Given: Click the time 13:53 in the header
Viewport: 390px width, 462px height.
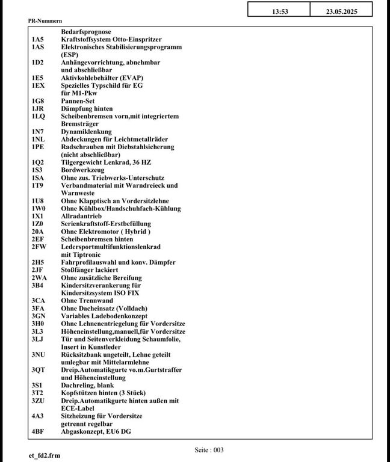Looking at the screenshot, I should pyautogui.click(x=280, y=11).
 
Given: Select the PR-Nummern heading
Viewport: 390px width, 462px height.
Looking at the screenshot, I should pyautogui.click(x=45, y=20).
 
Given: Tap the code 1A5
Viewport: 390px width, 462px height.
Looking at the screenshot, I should pyautogui.click(x=37, y=39).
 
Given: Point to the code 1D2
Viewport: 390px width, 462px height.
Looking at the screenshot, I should pyautogui.click(x=37, y=62).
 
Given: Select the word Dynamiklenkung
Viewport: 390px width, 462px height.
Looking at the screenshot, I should pyautogui.click(x=86, y=132).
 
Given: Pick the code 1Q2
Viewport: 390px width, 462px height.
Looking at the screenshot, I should pyautogui.click(x=37, y=162).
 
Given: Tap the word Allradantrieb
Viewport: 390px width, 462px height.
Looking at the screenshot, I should pyautogui.click(x=81, y=216).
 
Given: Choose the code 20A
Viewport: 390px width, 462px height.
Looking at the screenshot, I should pyautogui.click(x=37, y=232).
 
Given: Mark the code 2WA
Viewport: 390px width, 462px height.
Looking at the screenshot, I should pyautogui.click(x=39, y=278).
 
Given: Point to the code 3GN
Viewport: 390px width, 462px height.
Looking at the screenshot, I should pyautogui.click(x=39, y=316).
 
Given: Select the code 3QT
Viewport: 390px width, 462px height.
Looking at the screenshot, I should pyautogui.click(x=39, y=370).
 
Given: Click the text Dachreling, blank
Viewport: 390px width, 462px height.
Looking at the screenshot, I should pyautogui.click(x=87, y=385).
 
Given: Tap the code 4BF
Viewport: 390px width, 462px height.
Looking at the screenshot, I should pyautogui.click(x=38, y=431).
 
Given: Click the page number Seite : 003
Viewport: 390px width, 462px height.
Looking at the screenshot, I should pyautogui.click(x=209, y=449).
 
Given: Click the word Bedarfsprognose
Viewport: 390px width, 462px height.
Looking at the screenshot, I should pyautogui.click(x=86, y=31).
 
